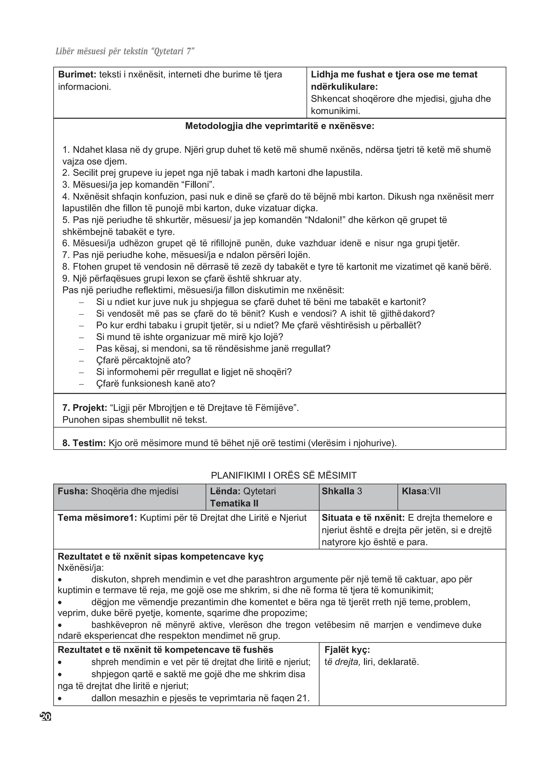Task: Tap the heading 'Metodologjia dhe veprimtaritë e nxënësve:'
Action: tap(280, 126)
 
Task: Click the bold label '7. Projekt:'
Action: tap(85, 408)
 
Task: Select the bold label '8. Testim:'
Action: tap(84, 443)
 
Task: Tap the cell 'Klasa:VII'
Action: tap(421, 491)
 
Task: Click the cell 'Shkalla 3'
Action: tap(342, 491)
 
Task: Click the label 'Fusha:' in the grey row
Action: tap(73, 491)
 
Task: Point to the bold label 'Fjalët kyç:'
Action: tap(347, 650)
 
